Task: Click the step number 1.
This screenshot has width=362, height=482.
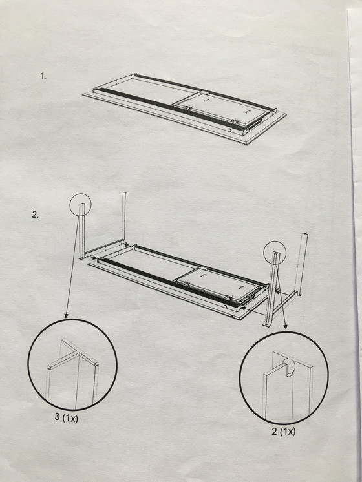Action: pyautogui.click(x=43, y=76)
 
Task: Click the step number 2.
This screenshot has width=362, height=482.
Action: pyautogui.click(x=35, y=215)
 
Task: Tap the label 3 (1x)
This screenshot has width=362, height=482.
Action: pyautogui.click(x=67, y=417)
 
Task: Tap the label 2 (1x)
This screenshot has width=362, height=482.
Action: pyautogui.click(x=283, y=431)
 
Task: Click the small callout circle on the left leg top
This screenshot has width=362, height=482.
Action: pyautogui.click(x=70, y=204)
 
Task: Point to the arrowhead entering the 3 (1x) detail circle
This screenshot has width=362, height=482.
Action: pyautogui.click(x=66, y=315)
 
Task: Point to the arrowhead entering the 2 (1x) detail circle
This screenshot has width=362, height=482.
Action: pyautogui.click(x=285, y=327)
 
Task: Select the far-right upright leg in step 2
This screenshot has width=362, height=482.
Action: pyautogui.click(x=301, y=261)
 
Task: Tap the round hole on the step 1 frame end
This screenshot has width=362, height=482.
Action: pyautogui.click(x=230, y=131)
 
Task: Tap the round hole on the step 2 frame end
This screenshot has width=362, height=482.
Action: pyautogui.click(x=226, y=306)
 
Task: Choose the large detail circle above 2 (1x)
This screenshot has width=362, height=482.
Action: pyautogui.click(x=240, y=378)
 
